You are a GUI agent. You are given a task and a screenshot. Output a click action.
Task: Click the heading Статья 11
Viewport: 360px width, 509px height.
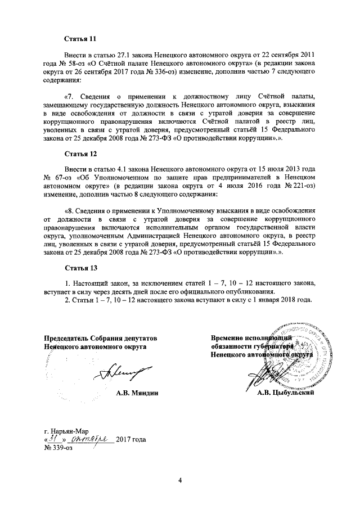point(81,39)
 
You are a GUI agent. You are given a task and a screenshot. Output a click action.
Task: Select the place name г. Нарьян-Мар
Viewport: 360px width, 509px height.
point(65,430)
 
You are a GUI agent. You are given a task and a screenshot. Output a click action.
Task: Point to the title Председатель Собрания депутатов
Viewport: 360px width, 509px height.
point(100,337)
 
